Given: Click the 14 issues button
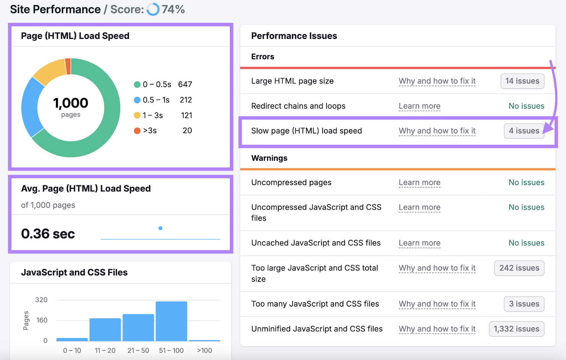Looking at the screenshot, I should pyautogui.click(x=522, y=81).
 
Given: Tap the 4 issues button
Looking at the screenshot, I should pyautogui.click(x=524, y=131).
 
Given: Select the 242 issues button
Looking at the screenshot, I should pyautogui.click(x=519, y=268).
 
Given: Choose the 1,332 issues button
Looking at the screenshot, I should pyautogui.click(x=516, y=329).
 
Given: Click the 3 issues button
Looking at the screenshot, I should pyautogui.click(x=524, y=304).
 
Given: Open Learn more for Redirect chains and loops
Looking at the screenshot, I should pyautogui.click(x=420, y=106).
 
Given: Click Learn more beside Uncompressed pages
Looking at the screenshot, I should pyautogui.click(x=420, y=183).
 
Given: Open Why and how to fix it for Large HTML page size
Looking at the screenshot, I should pyautogui.click(x=437, y=81).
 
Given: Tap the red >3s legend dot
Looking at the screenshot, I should pyautogui.click(x=137, y=131).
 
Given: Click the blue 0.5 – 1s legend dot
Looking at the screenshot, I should pyautogui.click(x=137, y=100).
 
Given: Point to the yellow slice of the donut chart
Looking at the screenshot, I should pyautogui.click(x=49, y=71).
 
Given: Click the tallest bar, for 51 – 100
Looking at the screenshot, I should pyautogui.click(x=171, y=321).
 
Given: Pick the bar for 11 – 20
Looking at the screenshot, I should pyautogui.click(x=105, y=329).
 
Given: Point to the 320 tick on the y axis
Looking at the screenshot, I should pyautogui.click(x=41, y=300).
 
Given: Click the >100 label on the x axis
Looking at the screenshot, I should pyautogui.click(x=204, y=350).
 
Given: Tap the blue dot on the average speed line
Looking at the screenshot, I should pyautogui.click(x=161, y=228).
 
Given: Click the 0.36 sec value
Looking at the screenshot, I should pyautogui.click(x=48, y=234).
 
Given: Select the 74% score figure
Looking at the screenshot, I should pyautogui.click(x=173, y=10).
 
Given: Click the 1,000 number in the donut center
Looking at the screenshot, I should pyautogui.click(x=71, y=103).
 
